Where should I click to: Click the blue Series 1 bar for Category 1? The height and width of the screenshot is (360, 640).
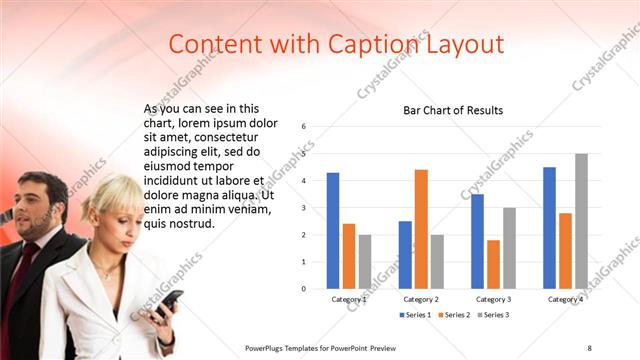[x=332, y=231]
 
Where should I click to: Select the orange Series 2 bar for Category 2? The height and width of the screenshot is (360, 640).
[x=421, y=229]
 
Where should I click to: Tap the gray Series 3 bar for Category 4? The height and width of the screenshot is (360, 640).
[x=581, y=221]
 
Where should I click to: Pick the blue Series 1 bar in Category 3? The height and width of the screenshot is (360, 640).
[x=477, y=241]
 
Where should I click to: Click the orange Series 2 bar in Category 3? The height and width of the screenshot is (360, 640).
[x=493, y=264]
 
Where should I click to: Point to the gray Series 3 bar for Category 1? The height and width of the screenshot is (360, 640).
[x=364, y=261]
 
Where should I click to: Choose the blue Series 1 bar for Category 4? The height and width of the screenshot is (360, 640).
[x=549, y=228]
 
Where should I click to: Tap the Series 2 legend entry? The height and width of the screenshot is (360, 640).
[x=455, y=315]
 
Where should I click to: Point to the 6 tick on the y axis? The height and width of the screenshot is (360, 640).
[x=304, y=127]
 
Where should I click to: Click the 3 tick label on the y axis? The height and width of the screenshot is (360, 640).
[x=304, y=208]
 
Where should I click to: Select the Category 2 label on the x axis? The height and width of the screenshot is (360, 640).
[x=421, y=299]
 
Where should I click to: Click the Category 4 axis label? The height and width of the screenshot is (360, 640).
[x=565, y=299]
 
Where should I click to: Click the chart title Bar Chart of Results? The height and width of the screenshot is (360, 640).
[x=453, y=110]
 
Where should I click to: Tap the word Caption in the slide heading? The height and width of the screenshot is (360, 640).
[x=361, y=44]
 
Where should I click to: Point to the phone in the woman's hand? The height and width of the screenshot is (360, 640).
[x=167, y=300]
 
